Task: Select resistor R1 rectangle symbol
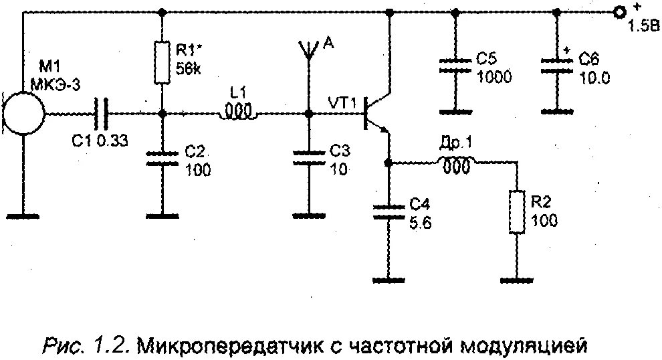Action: (x=162, y=62)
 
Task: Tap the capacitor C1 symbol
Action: (x=102, y=113)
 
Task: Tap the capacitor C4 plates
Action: (x=387, y=211)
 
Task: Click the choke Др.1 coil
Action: (x=456, y=163)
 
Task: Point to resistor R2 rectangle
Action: (x=516, y=211)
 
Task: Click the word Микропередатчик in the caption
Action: (x=227, y=346)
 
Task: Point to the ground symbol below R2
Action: (x=516, y=276)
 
